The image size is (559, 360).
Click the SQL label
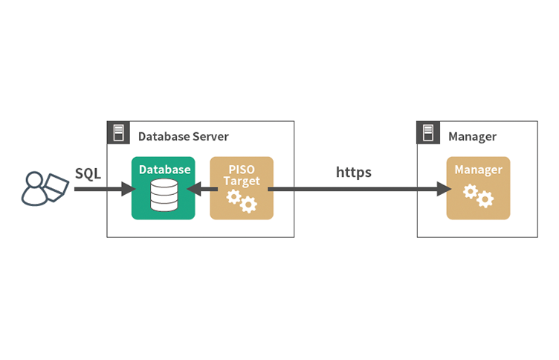[88, 174]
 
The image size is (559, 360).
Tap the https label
[354, 173]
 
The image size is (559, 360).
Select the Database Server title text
[184, 136]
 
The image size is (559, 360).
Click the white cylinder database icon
[164, 195]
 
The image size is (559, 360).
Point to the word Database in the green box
[165, 170]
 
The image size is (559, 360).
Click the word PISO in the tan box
[242, 169]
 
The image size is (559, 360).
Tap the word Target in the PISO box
[242, 181]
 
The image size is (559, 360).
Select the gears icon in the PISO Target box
[242, 201]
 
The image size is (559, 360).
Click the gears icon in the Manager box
[479, 196]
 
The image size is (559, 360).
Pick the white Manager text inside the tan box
[479, 170]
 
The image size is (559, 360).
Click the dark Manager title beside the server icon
[472, 137]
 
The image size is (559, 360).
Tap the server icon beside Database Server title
[118, 132]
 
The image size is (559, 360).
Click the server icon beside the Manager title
[428, 132]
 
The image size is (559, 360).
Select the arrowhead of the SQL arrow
[129, 189]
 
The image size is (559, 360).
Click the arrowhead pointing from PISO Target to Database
[193, 189]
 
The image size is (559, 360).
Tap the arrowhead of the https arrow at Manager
[445, 189]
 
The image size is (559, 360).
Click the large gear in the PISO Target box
[248, 205]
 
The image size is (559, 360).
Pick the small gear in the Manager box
[471, 192]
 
